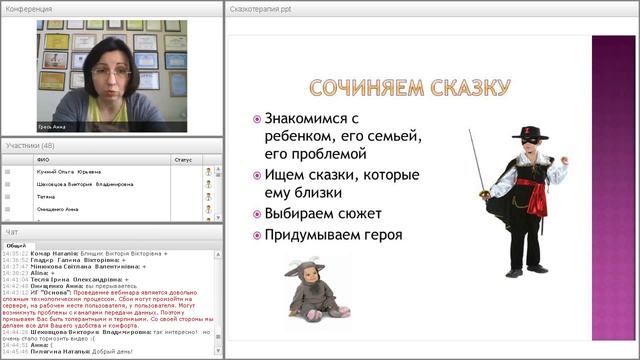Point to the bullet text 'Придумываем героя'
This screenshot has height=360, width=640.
click(333, 235)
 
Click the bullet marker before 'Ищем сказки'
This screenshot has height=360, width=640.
click(257, 176)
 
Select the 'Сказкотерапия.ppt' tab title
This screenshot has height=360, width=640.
click(259, 8)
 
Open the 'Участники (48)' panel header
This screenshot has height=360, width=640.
click(30, 145)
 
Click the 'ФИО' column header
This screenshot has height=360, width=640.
click(42, 159)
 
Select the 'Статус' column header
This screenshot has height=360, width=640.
click(183, 159)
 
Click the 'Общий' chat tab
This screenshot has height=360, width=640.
click(17, 245)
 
